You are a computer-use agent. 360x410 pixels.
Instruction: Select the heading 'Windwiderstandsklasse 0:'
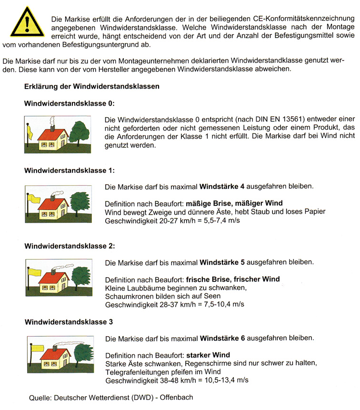click(x=70, y=103)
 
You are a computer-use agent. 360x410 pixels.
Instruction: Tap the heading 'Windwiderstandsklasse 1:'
click(x=70, y=170)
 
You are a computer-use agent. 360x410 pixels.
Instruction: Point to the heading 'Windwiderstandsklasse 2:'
click(x=70, y=246)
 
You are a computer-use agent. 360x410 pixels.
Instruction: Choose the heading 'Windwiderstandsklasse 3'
click(x=69, y=322)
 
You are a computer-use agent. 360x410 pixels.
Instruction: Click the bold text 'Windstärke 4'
click(x=222, y=186)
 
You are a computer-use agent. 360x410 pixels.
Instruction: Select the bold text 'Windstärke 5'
click(x=222, y=262)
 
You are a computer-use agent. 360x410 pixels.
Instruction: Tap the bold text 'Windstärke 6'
click(x=222, y=338)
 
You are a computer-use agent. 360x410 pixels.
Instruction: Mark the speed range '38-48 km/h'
click(x=164, y=380)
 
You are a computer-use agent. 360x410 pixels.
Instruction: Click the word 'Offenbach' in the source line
click(x=177, y=397)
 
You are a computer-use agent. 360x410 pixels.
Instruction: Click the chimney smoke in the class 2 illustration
click(x=66, y=267)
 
